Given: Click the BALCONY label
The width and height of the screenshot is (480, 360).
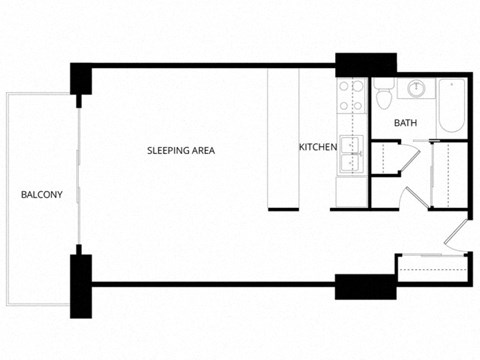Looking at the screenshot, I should point(41,195).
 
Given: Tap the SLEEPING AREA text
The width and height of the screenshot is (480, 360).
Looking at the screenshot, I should point(181,151).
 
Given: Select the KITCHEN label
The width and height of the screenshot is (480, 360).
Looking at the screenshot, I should point(318,148).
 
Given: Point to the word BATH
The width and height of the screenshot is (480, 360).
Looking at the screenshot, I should point(405,124).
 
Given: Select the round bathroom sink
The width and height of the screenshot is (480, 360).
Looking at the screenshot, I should point(416,89).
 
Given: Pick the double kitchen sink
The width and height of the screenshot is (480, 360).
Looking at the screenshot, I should point(350,157).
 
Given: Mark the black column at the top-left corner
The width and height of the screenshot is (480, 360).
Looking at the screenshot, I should point(80,79).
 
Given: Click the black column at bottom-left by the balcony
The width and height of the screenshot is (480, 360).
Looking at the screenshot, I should point(80,279).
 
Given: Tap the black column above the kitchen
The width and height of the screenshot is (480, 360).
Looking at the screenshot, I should point(351,63).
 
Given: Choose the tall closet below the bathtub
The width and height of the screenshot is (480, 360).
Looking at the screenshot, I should point(449,175).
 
